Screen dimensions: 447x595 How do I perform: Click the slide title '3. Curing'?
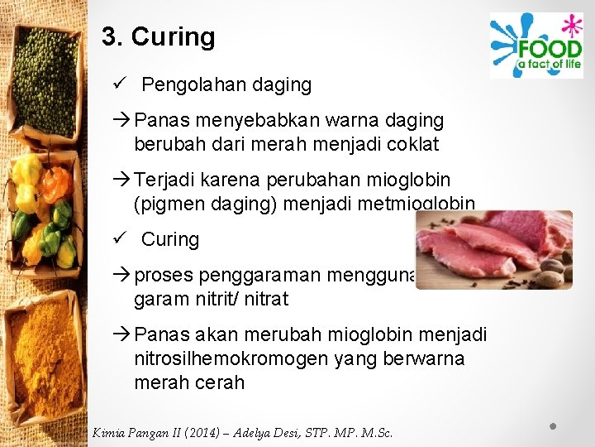tap(158, 37)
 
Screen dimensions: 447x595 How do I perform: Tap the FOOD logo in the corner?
tap(535, 46)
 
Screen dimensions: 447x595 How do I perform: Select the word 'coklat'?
tap(411, 145)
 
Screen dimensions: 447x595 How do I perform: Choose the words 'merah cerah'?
tap(189, 382)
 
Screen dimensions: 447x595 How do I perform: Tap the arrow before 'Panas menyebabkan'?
tap(122, 121)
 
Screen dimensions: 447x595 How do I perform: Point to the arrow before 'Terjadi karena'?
tap(122, 180)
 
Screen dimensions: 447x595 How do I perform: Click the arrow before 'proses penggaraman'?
tap(122, 275)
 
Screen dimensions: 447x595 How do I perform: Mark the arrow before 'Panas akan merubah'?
tap(122, 334)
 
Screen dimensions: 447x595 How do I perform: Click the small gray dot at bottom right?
tap(555, 426)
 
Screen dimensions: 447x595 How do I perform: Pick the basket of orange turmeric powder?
tap(45, 356)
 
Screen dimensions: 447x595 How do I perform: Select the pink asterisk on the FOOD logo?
tap(568, 26)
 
